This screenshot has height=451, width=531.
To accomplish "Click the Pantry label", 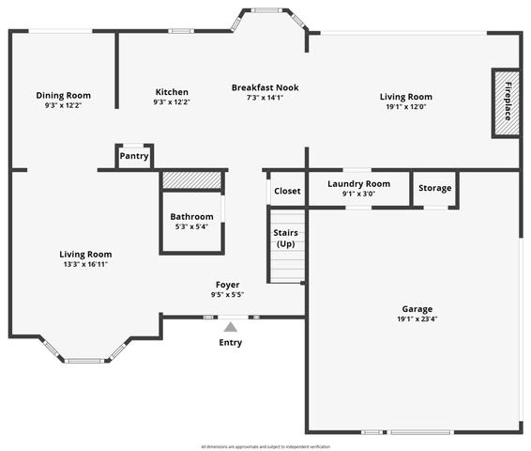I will (134, 156).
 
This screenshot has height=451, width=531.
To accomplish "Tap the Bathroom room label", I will (191, 217).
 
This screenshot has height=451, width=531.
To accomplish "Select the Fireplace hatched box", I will (507, 102).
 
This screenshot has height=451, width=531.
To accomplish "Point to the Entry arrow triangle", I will (231, 327).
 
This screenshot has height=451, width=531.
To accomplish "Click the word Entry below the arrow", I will (231, 343).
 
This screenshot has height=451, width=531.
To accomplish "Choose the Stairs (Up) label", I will (286, 238).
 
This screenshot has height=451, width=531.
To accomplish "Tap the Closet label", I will (287, 191).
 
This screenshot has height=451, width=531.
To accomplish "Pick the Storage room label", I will (435, 188).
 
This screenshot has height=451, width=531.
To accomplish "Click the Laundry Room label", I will (358, 184).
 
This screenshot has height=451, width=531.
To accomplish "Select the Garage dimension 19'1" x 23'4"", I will (417, 319).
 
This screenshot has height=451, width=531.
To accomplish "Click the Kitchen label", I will (172, 92).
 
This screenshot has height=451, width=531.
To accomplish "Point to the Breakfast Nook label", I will (265, 87).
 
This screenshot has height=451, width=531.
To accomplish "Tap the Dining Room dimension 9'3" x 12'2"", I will (63, 105).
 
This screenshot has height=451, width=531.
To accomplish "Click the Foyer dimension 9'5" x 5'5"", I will (227, 294).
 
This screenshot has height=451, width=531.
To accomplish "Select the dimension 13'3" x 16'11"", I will (85, 264).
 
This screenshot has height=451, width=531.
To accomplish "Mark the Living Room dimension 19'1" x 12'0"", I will (405, 106).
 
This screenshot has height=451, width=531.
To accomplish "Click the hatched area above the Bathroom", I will (192, 179).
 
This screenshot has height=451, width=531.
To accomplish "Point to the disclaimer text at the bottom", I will (265, 446).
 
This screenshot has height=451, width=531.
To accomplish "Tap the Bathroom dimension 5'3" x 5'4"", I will (191, 226).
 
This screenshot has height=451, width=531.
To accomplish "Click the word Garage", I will (417, 309).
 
